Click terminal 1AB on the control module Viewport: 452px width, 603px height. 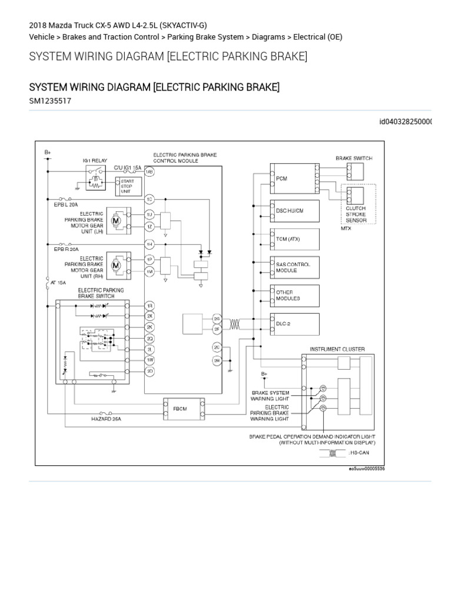149,172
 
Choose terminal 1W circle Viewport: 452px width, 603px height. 149,359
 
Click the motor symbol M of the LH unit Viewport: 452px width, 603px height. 117,220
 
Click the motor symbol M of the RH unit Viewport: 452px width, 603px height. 117,265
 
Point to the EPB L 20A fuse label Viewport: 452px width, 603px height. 65,204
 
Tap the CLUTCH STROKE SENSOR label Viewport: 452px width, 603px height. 355,215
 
